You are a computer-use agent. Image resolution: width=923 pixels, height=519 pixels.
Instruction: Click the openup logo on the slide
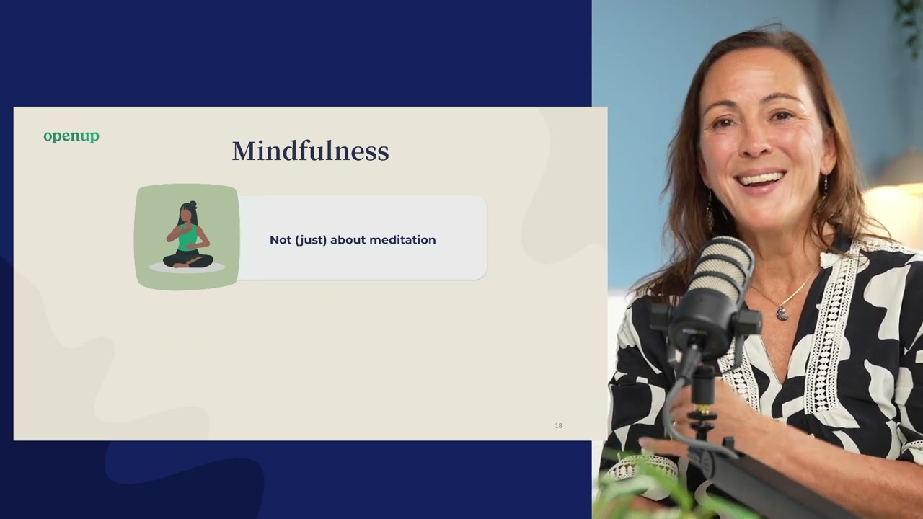[x=71, y=136]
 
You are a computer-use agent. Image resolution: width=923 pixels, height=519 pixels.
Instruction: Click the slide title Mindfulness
[x=310, y=151]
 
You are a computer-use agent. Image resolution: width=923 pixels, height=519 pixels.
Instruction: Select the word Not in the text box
[x=281, y=240]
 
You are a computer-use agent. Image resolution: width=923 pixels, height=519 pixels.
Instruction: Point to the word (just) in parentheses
[x=311, y=240]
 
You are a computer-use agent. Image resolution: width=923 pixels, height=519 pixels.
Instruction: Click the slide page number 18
[x=558, y=426]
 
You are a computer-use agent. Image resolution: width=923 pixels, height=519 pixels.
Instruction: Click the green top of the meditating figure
[x=187, y=237]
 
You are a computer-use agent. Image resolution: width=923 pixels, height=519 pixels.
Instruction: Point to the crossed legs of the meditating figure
[x=187, y=259]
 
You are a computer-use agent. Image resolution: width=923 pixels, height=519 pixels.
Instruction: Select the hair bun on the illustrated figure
[x=193, y=204]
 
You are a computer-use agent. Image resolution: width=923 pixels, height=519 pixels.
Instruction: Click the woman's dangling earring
[x=710, y=213]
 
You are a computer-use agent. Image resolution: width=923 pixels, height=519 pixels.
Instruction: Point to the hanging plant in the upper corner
[x=910, y=18]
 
